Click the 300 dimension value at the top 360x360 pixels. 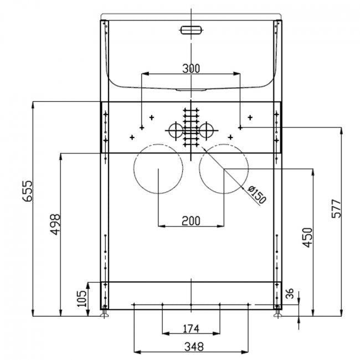tap(191, 68)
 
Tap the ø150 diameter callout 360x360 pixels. tap(256, 196)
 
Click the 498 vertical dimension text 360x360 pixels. tap(55, 224)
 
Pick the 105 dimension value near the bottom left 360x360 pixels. tap(81, 299)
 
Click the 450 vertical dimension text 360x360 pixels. tap(308, 237)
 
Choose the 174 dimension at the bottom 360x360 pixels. tap(191, 329)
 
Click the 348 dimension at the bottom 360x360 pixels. tap(191, 347)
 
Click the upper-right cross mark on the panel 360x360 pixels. tap(250, 117)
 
